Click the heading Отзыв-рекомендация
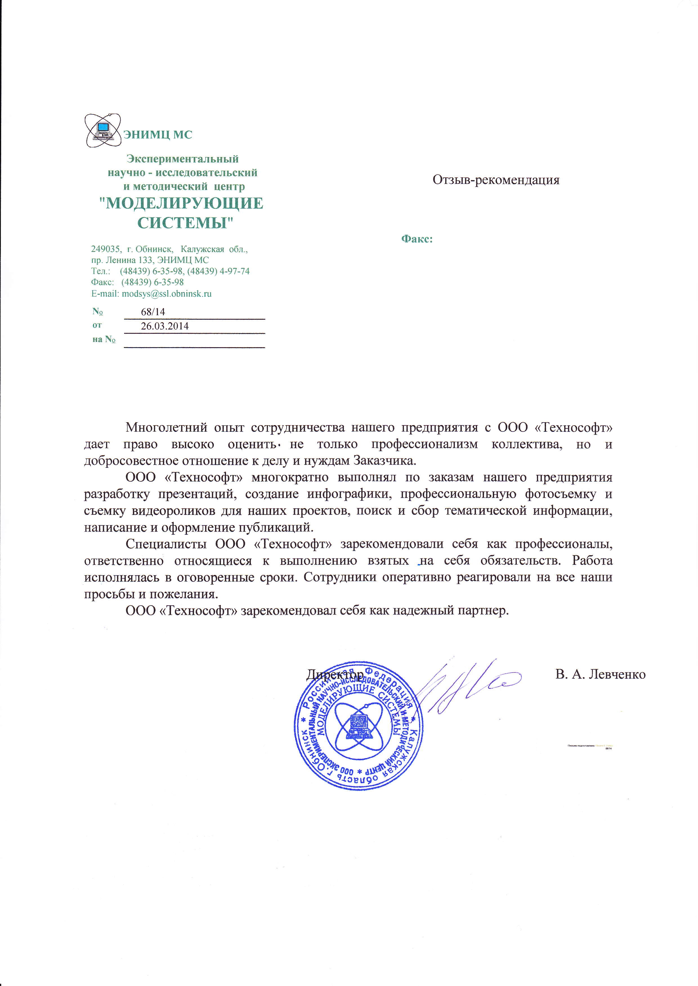click(x=496, y=180)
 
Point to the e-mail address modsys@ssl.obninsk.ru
click(x=167, y=294)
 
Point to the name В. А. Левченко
click(x=600, y=674)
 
